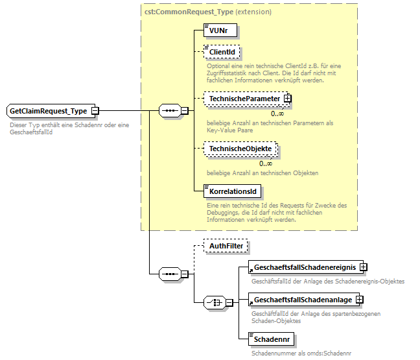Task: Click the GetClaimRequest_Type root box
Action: [48, 111]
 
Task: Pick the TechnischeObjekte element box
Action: [240, 149]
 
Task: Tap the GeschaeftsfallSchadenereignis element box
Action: [304, 267]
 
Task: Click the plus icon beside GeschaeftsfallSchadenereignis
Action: [364, 267]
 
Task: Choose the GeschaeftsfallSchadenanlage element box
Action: [302, 300]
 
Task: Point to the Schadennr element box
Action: [271, 339]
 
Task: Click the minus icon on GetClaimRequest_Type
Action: [95, 111]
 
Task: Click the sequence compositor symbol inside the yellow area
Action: [170, 111]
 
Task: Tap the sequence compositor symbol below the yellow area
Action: [170, 274]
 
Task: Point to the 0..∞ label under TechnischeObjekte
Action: [266, 163]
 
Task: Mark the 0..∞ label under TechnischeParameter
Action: [277, 114]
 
